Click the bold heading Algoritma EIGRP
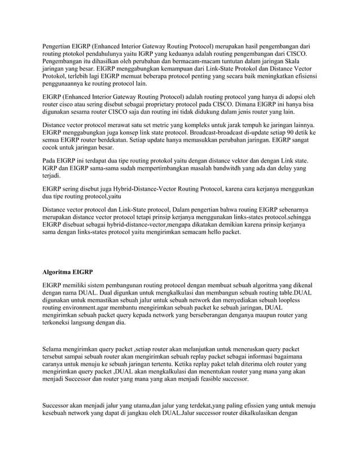point(68,272)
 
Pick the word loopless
point(299,301)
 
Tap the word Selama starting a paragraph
point(55,350)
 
